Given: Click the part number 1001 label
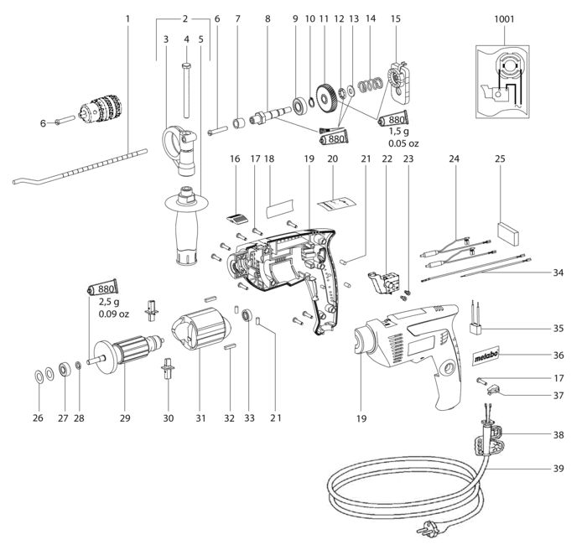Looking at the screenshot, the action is pos(504,18).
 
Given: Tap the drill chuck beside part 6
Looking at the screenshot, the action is pos(101,109).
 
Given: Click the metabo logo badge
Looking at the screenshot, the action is pos(486,355).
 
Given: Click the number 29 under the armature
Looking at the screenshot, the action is pos(125,418).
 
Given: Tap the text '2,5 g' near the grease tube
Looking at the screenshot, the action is pos(108,302).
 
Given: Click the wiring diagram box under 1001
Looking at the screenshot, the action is pos(502,82).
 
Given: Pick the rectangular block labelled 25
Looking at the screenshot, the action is pos(508,234).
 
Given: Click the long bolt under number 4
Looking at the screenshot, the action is pos(186,91).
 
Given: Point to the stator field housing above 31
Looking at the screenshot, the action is pos(200,329).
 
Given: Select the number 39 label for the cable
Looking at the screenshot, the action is pos(558,469).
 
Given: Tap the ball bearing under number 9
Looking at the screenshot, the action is pos(300,106).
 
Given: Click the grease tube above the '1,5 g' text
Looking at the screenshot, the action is pos(393,119).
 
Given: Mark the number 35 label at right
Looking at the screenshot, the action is pos(558,329).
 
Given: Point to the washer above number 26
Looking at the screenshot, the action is pos(39,375).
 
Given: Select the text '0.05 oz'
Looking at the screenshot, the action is pos(403,143).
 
